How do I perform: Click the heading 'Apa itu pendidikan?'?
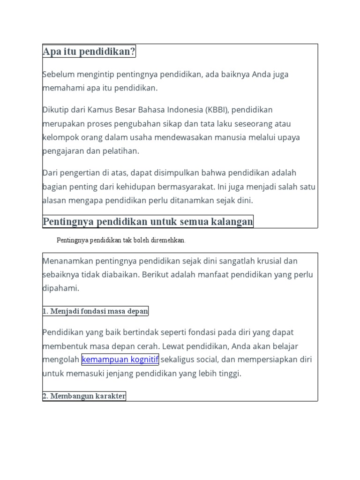point(89,52)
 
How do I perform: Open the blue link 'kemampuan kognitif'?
point(120,360)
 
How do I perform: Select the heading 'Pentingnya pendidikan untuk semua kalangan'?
point(148,221)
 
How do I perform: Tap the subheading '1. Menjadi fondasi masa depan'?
point(96,311)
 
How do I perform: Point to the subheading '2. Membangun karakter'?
point(84,396)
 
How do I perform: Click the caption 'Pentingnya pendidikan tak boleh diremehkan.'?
point(121,240)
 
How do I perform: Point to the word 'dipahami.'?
point(61,288)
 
